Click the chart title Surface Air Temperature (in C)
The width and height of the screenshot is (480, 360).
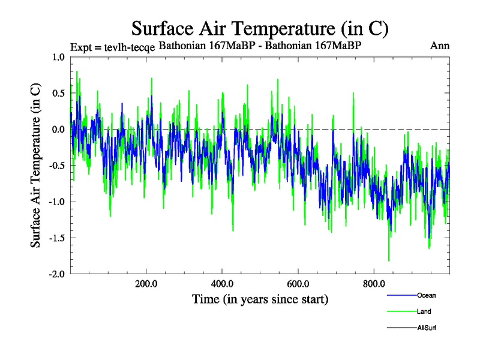coord(260,28)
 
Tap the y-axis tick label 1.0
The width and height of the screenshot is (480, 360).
coord(58,58)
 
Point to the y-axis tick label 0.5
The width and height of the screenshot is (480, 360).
coord(58,94)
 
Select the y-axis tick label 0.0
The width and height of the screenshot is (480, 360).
coord(58,130)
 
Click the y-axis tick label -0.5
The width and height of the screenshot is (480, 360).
coord(56,166)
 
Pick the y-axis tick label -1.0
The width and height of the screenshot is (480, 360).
coord(56,202)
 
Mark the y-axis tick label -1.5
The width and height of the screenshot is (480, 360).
coord(56,238)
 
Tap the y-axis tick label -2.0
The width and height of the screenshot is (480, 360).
coord(56,274)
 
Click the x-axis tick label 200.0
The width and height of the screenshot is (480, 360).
coord(146,283)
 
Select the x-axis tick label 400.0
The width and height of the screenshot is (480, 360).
coord(222,283)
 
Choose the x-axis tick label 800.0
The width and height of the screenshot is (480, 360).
coord(374,283)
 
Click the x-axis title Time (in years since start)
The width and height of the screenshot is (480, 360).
coord(260,299)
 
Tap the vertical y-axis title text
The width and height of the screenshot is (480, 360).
coord(36,165)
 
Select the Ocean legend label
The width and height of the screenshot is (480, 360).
coord(426,295)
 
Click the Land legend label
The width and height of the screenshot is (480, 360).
coord(424,311)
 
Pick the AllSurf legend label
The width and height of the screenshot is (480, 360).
coord(427,328)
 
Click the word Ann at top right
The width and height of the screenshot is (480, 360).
coord(440,46)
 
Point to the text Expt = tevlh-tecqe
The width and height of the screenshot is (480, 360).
coord(113,47)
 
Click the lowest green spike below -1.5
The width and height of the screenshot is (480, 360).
coord(389,260)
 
